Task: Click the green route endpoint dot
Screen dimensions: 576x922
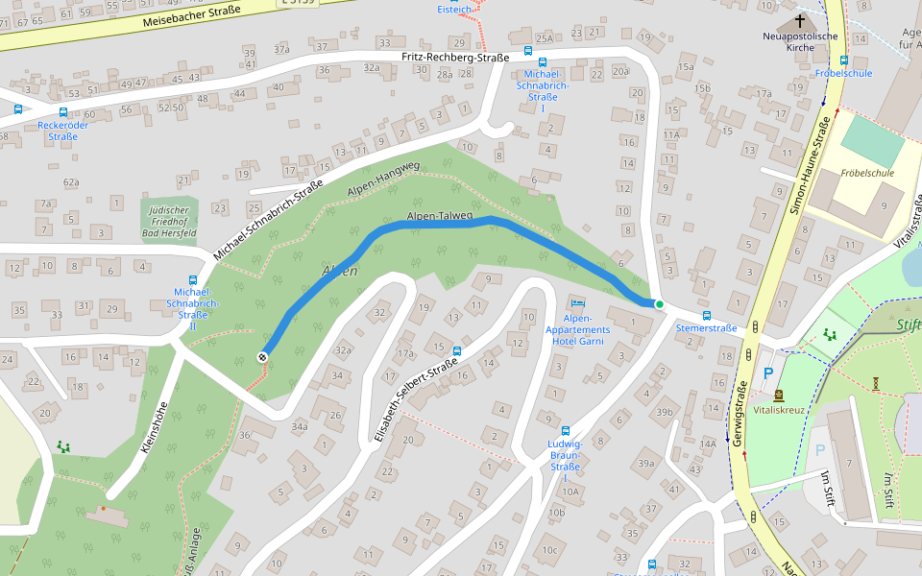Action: click(x=660, y=304)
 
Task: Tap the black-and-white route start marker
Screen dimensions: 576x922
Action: click(x=262, y=356)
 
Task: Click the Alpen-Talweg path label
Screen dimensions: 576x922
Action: click(x=440, y=217)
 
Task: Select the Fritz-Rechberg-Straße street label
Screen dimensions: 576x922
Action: click(x=454, y=58)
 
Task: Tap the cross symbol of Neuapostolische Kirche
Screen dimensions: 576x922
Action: click(x=800, y=21)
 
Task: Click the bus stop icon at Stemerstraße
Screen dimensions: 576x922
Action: click(x=707, y=315)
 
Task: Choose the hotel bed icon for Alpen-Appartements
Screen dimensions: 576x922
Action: click(x=576, y=303)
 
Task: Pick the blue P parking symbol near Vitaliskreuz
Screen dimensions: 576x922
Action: click(x=767, y=372)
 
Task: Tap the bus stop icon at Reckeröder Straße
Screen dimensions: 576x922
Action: click(x=18, y=109)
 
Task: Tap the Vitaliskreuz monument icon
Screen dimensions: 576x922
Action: click(x=778, y=395)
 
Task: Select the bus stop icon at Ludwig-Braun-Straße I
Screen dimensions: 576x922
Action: click(x=565, y=431)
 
